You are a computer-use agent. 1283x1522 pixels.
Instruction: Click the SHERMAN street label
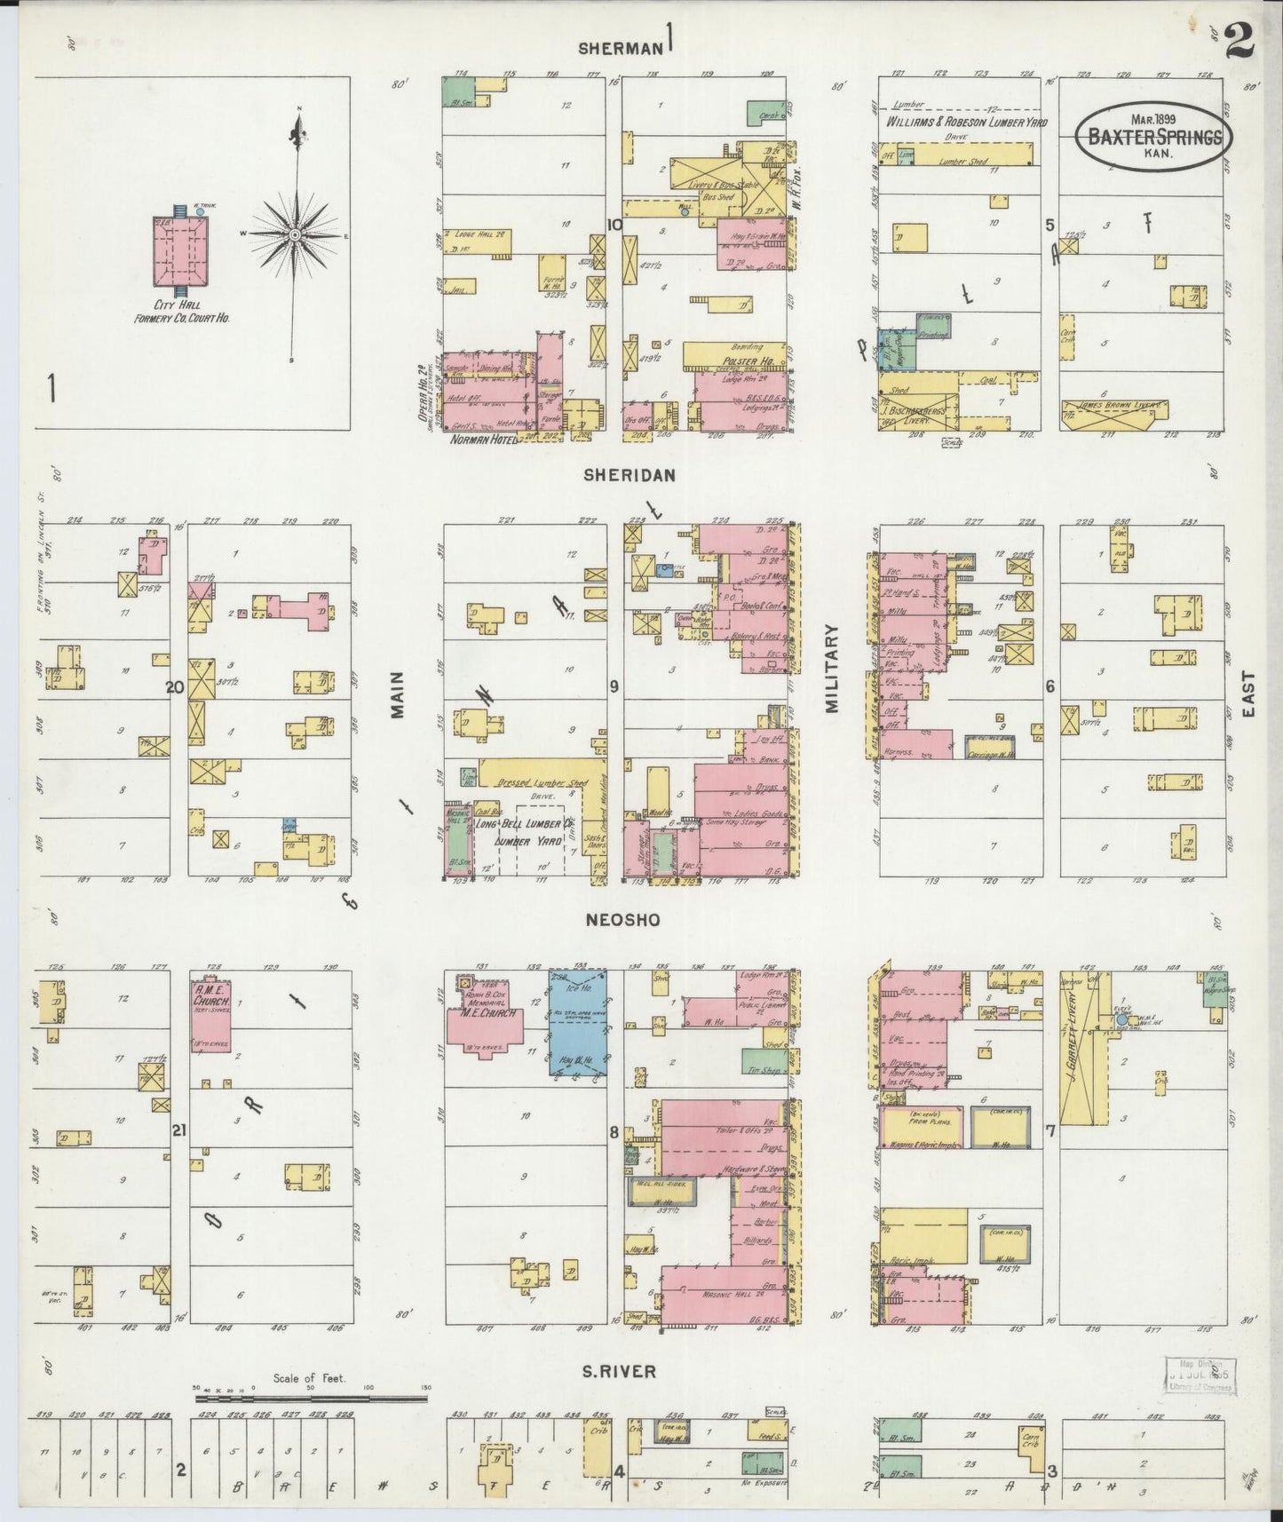[x=621, y=48]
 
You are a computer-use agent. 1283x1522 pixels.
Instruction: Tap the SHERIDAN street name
[x=629, y=475]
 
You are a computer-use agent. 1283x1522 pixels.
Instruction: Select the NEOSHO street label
[x=622, y=920]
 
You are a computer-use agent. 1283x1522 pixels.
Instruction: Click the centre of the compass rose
[x=294, y=234]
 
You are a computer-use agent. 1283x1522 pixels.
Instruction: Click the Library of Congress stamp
[x=1200, y=1371]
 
